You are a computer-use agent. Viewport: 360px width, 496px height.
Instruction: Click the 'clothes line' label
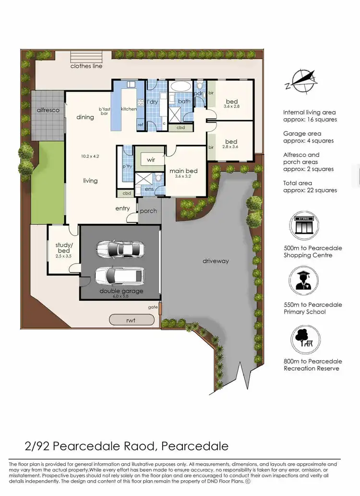(x=86, y=66)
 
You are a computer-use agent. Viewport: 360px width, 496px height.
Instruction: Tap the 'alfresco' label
(x=48, y=110)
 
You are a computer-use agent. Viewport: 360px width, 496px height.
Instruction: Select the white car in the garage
(x=120, y=276)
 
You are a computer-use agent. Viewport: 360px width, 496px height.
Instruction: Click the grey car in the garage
(x=120, y=249)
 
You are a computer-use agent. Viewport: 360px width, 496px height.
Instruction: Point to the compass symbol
(x=301, y=80)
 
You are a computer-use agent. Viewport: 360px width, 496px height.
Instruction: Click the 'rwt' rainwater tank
(x=132, y=320)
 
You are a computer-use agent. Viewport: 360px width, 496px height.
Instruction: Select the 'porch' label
(x=149, y=211)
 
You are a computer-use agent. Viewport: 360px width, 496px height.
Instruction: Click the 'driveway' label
(x=216, y=261)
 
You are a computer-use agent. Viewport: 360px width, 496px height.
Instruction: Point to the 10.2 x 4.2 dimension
(x=90, y=156)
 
